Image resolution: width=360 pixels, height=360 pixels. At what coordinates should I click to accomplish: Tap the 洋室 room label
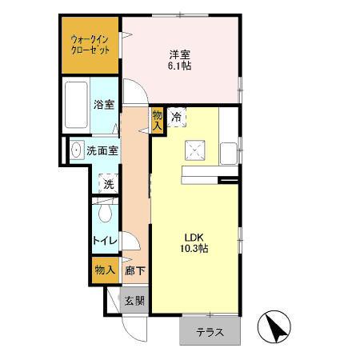click(x=179, y=54)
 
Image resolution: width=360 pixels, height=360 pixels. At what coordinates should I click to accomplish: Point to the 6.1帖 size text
click(x=179, y=66)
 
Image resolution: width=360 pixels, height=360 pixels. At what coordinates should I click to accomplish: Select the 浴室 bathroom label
click(x=103, y=104)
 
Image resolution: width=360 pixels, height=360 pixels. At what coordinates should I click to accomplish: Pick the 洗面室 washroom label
click(x=102, y=150)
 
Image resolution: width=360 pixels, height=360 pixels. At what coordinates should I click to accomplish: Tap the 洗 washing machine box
click(x=108, y=183)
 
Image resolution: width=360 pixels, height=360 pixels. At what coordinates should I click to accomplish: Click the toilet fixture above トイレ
click(x=103, y=214)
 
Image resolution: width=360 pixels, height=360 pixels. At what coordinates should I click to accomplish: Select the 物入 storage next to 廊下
click(x=104, y=270)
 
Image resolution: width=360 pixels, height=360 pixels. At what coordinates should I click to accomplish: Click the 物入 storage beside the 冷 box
click(x=158, y=120)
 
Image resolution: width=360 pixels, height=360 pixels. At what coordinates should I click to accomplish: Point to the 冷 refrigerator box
click(x=177, y=116)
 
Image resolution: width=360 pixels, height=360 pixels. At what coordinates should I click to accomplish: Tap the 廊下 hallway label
click(x=134, y=270)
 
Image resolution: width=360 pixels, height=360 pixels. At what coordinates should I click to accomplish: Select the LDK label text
click(x=196, y=237)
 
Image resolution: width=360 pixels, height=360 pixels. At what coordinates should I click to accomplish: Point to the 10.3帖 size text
click(x=196, y=250)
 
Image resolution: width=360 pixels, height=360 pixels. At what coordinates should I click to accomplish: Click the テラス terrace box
click(x=210, y=333)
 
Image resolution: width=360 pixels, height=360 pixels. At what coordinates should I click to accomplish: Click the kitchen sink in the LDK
click(x=229, y=150)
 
